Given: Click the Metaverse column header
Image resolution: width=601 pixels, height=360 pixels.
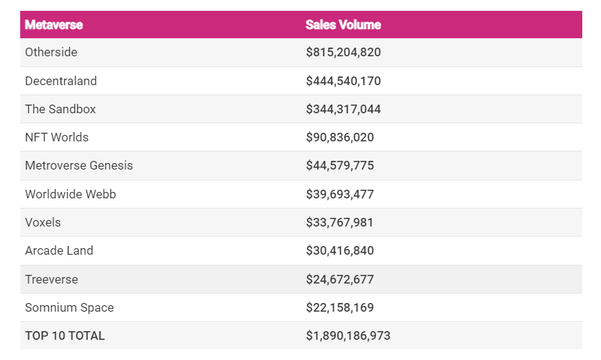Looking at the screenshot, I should click(53, 25).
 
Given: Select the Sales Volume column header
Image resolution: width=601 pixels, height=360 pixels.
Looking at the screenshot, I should click(343, 25).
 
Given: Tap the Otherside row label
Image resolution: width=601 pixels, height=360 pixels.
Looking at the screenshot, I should click(51, 53).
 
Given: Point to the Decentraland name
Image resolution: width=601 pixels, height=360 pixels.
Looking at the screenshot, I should click(61, 81).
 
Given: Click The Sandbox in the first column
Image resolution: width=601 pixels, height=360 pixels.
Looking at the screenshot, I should click(60, 109).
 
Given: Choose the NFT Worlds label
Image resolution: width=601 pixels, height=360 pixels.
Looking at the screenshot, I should click(56, 137).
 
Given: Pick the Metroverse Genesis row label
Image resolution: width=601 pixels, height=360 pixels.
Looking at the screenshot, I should click(79, 165).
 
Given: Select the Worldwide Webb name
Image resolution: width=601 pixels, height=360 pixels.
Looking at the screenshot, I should click(70, 194).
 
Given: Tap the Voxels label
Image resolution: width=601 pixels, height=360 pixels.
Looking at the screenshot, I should click(43, 222).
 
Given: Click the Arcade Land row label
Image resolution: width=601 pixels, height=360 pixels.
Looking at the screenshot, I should click(58, 250).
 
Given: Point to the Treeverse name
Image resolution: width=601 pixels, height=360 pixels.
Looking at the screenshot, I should click(51, 279).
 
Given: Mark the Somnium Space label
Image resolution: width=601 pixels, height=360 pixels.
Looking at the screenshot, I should click(69, 307).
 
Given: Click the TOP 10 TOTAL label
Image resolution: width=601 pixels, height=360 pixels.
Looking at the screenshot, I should click(64, 335).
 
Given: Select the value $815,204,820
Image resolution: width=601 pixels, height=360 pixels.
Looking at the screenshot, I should click(343, 53).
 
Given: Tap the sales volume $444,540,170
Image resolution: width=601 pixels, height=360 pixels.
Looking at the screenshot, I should click(343, 81).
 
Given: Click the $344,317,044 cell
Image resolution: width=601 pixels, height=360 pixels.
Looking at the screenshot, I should click(343, 109).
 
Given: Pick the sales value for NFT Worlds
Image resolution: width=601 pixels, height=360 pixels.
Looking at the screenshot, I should click(339, 137).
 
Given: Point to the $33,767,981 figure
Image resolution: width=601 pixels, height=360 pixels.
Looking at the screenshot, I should click(339, 222).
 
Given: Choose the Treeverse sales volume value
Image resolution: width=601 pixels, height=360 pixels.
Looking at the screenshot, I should click(339, 279).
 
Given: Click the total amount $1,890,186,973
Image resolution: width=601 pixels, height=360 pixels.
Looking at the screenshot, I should click(348, 335).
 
